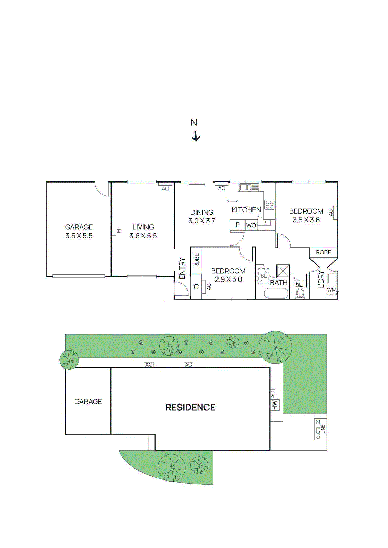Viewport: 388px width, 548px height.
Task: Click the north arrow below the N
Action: [x=196, y=136]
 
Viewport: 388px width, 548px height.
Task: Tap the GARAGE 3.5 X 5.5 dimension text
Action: [x=79, y=236]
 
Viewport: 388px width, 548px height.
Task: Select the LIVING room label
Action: [x=143, y=227]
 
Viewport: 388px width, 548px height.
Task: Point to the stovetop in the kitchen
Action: [x=270, y=204]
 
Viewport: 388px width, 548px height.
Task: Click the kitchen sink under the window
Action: [x=249, y=187]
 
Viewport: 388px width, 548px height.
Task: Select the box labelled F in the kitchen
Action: [x=237, y=225]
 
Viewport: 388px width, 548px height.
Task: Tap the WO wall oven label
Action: [x=251, y=225]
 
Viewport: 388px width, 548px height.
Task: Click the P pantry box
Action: [x=264, y=223]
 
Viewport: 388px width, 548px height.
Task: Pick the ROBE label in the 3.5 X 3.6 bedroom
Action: [x=324, y=252]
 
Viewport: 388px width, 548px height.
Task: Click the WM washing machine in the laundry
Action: [x=331, y=290]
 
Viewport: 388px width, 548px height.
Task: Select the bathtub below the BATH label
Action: [x=277, y=293]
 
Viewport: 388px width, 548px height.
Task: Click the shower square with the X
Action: [x=283, y=271]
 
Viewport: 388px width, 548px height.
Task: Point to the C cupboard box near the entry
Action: [x=196, y=287]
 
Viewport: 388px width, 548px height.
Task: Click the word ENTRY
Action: [x=182, y=268]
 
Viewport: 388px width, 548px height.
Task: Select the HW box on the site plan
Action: [x=275, y=405]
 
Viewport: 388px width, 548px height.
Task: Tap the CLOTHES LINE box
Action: [x=320, y=429]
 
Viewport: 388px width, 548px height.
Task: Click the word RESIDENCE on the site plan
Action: [x=190, y=407]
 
